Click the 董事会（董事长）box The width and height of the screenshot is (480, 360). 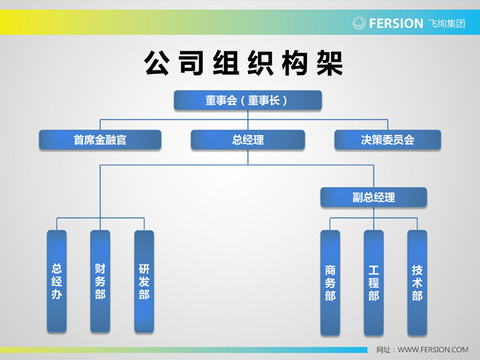[247, 100]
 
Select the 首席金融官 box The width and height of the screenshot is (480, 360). [100, 140]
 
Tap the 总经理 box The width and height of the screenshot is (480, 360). [247, 140]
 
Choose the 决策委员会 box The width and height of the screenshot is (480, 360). [387, 140]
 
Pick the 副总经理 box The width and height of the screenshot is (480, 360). [373, 197]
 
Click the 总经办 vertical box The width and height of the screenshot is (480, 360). [57, 281]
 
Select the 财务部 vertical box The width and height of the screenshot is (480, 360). [100, 281]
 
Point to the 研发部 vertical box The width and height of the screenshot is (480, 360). [144, 281]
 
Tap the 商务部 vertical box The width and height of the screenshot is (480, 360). [330, 282]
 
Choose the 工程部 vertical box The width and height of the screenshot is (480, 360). [373, 282]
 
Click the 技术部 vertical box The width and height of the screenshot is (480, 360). [417, 282]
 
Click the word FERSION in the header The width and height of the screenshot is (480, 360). [396, 24]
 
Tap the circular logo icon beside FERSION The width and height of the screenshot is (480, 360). [359, 23]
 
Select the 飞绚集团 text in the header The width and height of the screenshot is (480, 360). [447, 24]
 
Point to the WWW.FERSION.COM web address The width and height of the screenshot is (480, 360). [433, 350]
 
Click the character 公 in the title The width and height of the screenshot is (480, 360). [157, 63]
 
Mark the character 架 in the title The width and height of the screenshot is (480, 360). [330, 63]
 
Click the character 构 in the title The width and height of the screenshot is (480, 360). [295, 63]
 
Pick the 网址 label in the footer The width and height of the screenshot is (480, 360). [383, 350]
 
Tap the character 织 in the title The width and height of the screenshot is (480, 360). [260, 63]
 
